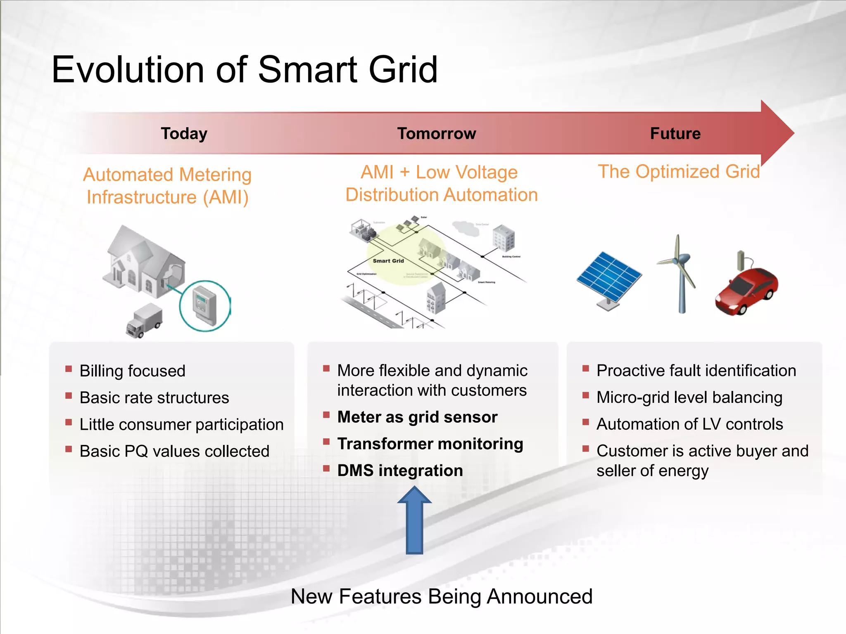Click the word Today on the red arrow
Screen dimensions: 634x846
click(184, 134)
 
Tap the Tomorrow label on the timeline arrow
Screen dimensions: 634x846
click(436, 134)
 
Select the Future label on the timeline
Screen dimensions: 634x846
click(675, 134)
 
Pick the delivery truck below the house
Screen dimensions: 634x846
click(144, 321)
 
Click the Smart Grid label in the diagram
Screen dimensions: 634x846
click(388, 261)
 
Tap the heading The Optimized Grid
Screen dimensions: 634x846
click(679, 172)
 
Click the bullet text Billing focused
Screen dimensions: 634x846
click(132, 371)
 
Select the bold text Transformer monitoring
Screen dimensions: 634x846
click(430, 444)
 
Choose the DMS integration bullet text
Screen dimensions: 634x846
click(400, 471)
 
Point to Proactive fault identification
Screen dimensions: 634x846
click(696, 371)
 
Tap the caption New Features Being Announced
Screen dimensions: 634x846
click(442, 596)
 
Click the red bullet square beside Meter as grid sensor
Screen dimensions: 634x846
click(326, 415)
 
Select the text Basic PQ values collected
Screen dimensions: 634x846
click(174, 451)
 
